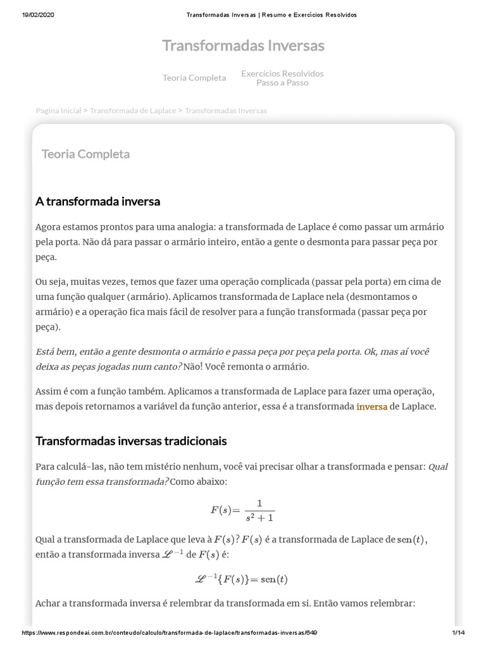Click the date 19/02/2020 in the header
(x=38, y=15)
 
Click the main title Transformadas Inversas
(x=243, y=46)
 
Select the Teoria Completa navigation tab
(x=194, y=78)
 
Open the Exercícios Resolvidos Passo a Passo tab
(x=282, y=78)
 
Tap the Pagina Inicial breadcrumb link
(x=58, y=110)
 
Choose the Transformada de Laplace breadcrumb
(x=133, y=110)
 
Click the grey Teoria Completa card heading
(x=85, y=154)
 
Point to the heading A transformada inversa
(x=98, y=201)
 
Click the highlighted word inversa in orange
(x=372, y=406)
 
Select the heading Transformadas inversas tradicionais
(x=131, y=440)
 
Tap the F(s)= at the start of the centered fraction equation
(x=226, y=510)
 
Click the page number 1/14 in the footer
(x=458, y=633)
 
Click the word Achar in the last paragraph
(x=49, y=603)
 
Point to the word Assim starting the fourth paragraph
(x=49, y=391)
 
